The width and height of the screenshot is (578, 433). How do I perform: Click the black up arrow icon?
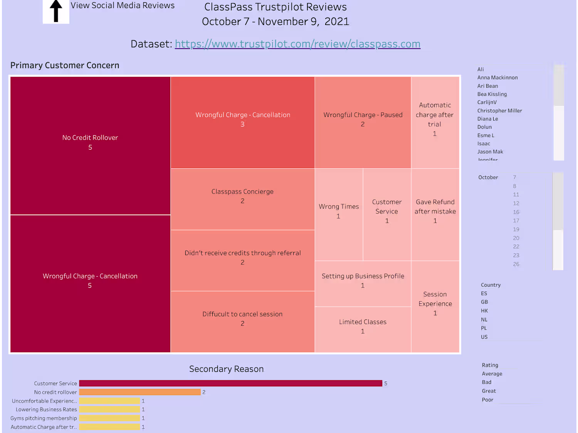tap(56, 11)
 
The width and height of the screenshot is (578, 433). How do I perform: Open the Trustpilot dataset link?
tap(297, 44)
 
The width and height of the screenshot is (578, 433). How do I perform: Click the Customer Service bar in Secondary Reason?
tap(230, 383)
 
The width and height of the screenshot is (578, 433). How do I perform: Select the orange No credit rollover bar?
tap(140, 392)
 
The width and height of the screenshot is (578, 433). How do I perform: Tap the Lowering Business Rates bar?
tap(110, 410)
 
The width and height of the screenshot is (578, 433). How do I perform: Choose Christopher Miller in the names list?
tap(499, 111)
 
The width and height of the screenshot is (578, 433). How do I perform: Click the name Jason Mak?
tap(490, 152)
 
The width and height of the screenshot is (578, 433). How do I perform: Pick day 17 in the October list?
tap(516, 221)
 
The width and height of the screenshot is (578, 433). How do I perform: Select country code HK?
tap(484, 311)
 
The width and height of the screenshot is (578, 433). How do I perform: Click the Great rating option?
tap(489, 391)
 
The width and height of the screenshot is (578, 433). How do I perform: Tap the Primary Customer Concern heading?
tap(65, 65)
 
